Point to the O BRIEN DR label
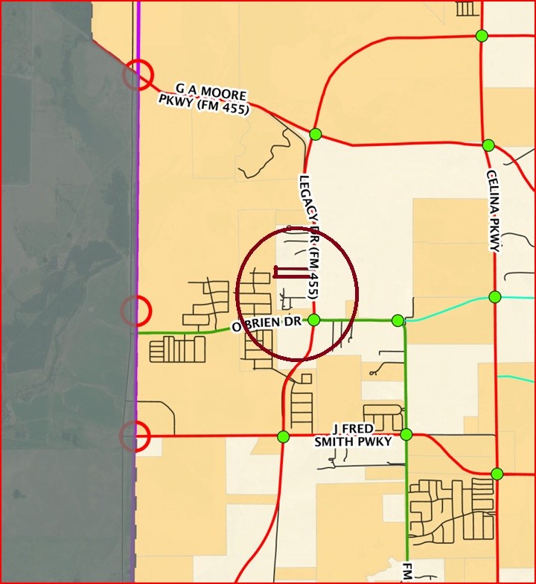[265, 326]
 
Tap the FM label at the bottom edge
[408, 572]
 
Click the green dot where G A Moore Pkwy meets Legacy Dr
[315, 134]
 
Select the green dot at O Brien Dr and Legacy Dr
[314, 320]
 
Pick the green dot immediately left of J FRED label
[283, 437]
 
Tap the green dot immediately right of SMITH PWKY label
[406, 434]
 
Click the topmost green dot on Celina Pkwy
[482, 36]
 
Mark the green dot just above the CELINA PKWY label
[488, 145]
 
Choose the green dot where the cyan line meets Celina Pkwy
[495, 297]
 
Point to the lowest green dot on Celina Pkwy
[497, 474]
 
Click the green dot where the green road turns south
[398, 320]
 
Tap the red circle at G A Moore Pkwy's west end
[137, 74]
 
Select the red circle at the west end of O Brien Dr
[135, 310]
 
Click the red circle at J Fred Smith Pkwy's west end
[135, 436]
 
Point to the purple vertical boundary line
[138, 223]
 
